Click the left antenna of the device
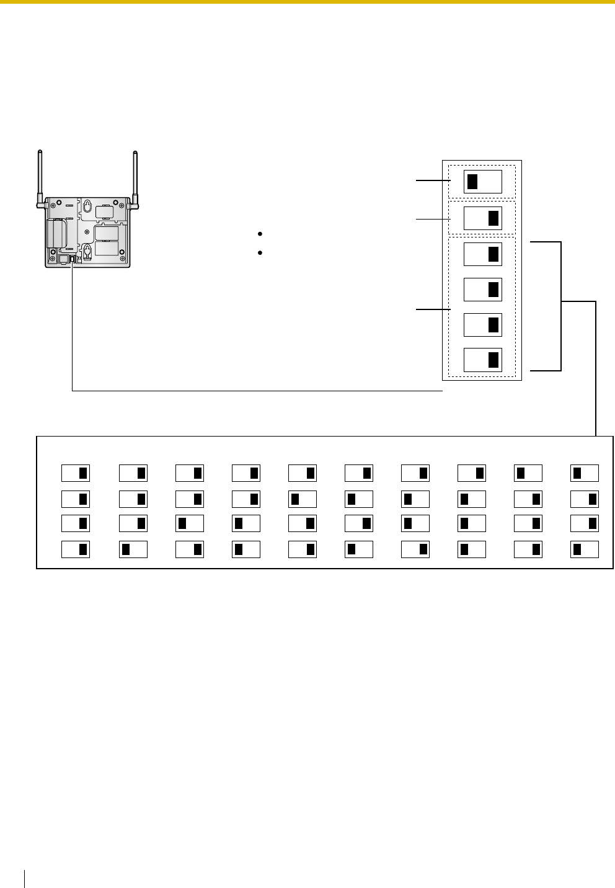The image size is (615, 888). pyautogui.click(x=40, y=177)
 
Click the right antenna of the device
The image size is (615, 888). pyautogui.click(x=135, y=177)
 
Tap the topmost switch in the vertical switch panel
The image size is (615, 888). pyautogui.click(x=482, y=181)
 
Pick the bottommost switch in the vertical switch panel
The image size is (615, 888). pyautogui.click(x=482, y=360)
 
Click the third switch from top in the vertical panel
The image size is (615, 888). pyautogui.click(x=482, y=254)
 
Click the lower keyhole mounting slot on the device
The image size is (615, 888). pyautogui.click(x=87, y=250)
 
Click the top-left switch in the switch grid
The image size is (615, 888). pyautogui.click(x=76, y=473)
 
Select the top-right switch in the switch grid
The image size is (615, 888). pyautogui.click(x=585, y=473)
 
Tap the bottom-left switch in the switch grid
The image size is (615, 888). pyautogui.click(x=76, y=549)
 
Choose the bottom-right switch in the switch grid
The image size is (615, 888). pyautogui.click(x=585, y=549)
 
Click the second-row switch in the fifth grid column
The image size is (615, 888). pyautogui.click(x=302, y=499)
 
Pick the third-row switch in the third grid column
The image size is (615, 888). pyautogui.click(x=189, y=523)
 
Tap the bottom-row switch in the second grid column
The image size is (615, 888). pyautogui.click(x=133, y=549)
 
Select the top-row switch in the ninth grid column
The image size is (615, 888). pyautogui.click(x=528, y=473)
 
